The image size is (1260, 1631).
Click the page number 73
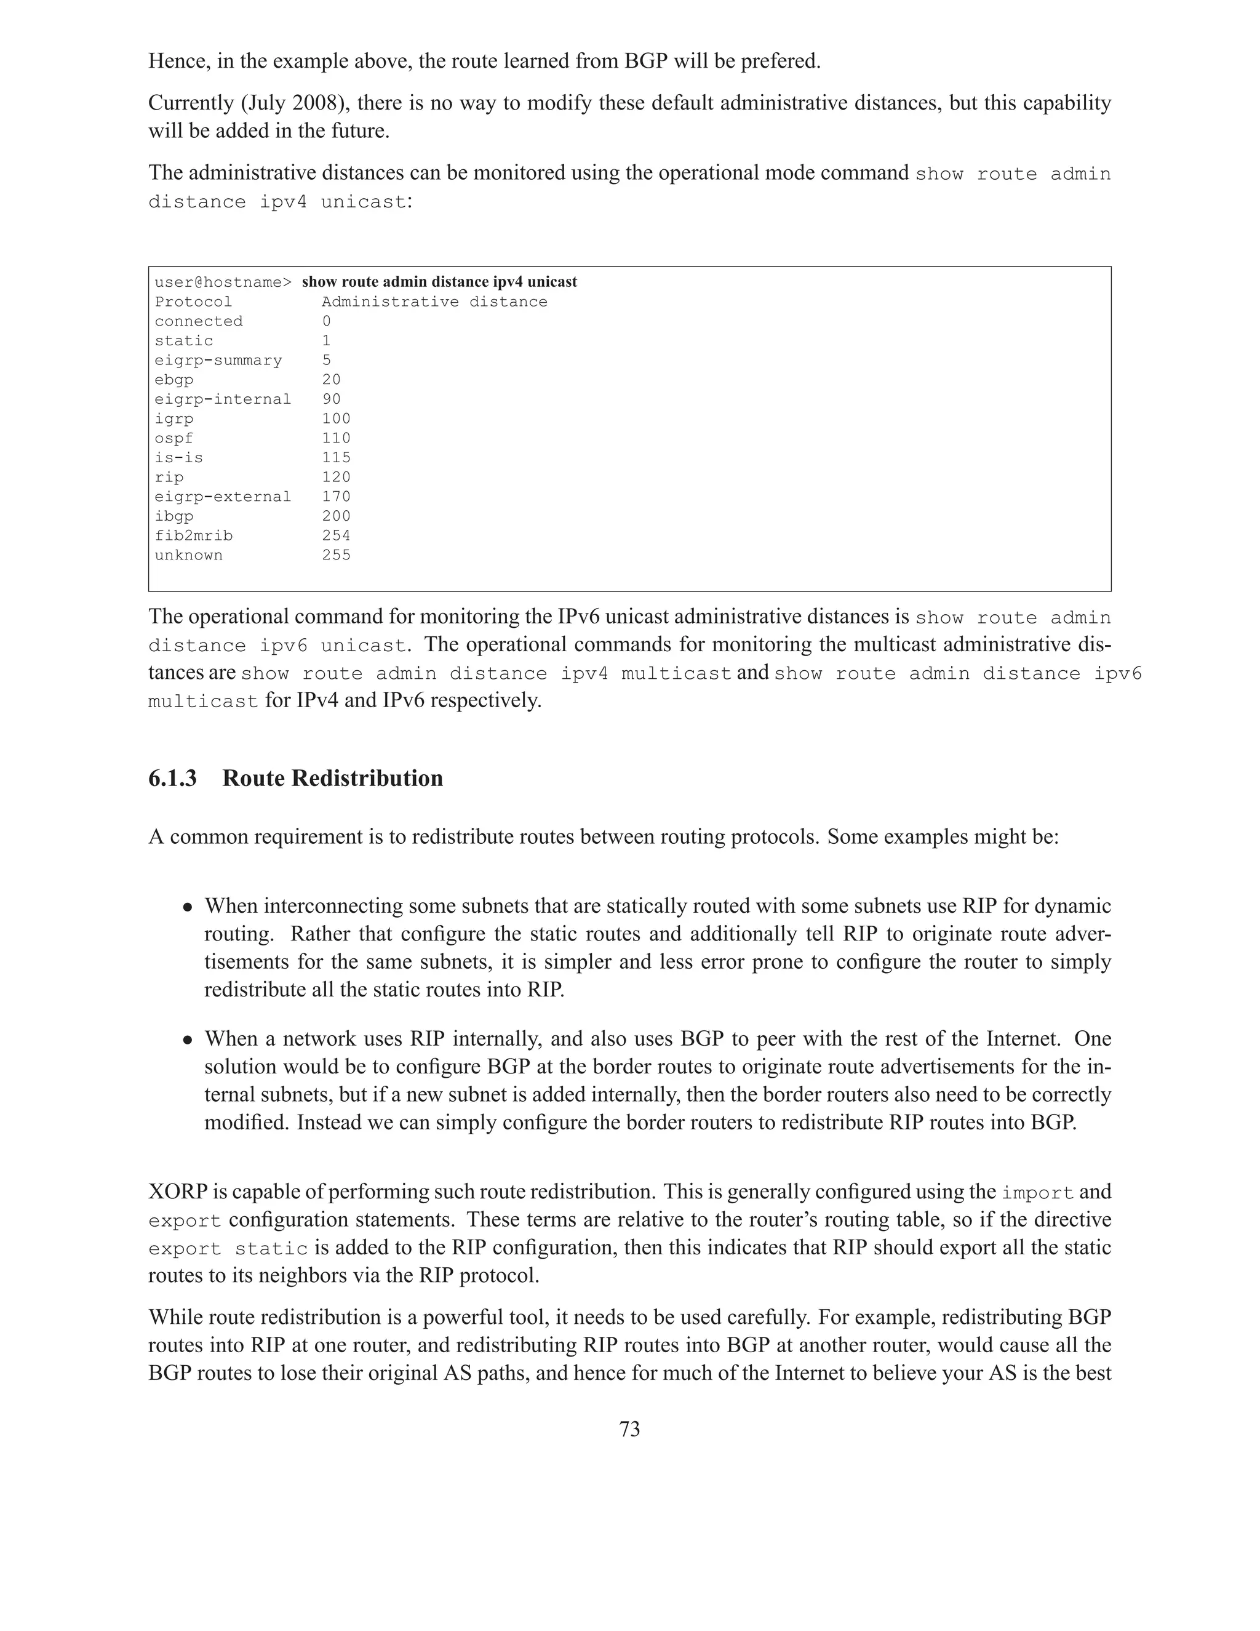pyautogui.click(x=629, y=1429)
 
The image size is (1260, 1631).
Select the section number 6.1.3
pyautogui.click(x=172, y=778)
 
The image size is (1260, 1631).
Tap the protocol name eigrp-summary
pyautogui.click(x=218, y=361)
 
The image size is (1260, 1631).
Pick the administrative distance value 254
pyautogui.click(x=336, y=535)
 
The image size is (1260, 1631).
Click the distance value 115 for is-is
pyautogui.click(x=336, y=458)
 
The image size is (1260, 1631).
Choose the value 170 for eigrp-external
pyautogui.click(x=336, y=497)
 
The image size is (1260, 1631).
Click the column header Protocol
pyautogui.click(x=193, y=302)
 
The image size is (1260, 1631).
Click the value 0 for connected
pyautogui.click(x=326, y=321)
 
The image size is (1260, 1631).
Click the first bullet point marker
pyautogui.click(x=189, y=907)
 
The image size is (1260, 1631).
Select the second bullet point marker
pyautogui.click(x=189, y=1040)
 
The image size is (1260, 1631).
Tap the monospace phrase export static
pyautogui.click(x=228, y=1249)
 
